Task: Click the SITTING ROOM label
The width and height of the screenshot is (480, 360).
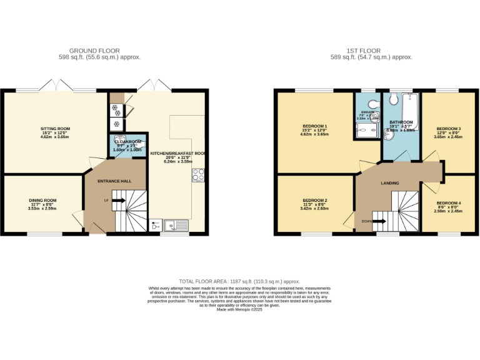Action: [x=56, y=129]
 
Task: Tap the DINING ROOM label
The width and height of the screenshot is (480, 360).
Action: [x=42, y=201]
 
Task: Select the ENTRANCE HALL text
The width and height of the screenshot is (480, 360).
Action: [x=115, y=181]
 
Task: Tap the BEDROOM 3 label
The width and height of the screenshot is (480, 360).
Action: [x=448, y=128]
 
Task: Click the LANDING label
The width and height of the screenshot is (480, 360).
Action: [x=390, y=183]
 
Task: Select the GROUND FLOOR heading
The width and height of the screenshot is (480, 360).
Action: [x=94, y=51]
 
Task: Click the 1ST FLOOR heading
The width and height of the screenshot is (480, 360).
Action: [x=371, y=51]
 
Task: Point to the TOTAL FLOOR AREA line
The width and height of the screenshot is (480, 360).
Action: [x=239, y=282]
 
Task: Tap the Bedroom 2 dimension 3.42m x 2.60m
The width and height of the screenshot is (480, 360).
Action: [x=316, y=208]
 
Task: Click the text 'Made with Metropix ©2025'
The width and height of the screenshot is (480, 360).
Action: [x=240, y=309]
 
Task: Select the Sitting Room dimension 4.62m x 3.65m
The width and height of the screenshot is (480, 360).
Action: [x=56, y=137]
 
